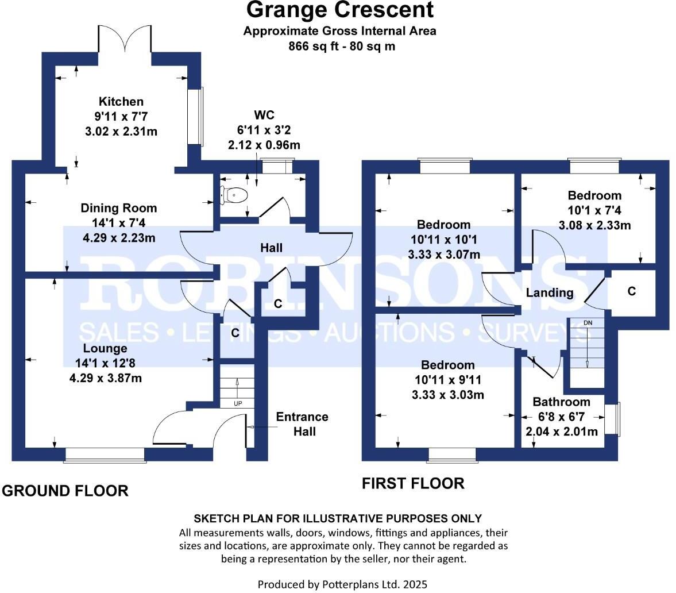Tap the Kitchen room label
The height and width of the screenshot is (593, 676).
click(x=121, y=102)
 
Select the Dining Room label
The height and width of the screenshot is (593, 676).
click(x=118, y=208)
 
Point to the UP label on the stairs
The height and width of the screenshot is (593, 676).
click(x=238, y=403)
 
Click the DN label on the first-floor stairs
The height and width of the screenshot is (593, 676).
click(x=588, y=323)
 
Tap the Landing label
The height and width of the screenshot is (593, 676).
click(x=550, y=292)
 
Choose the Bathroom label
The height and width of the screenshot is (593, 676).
click(x=561, y=402)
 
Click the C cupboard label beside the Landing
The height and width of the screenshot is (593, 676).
click(x=632, y=291)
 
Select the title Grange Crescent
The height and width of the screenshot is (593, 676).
click(x=340, y=10)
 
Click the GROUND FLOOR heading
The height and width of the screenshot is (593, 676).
click(x=65, y=491)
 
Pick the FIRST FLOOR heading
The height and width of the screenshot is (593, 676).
click(x=412, y=483)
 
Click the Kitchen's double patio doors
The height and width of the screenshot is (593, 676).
click(x=126, y=40)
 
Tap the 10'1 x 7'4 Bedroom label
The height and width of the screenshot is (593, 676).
click(x=594, y=210)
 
